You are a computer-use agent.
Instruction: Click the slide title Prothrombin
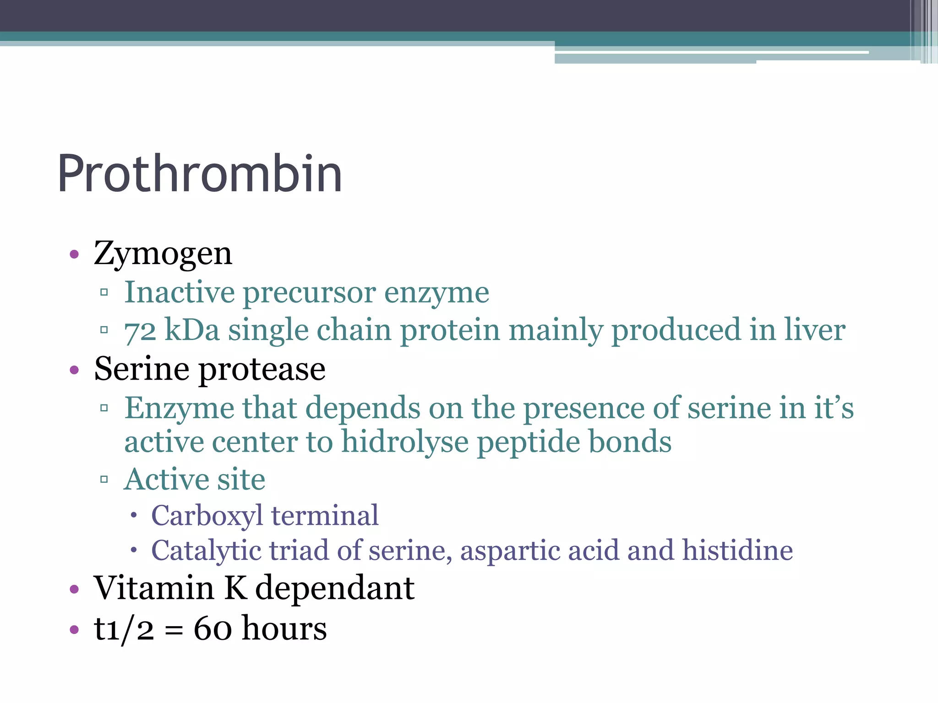coord(200,174)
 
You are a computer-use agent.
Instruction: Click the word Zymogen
coord(163,254)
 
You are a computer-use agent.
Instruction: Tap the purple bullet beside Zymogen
coord(74,254)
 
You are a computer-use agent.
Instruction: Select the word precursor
coord(309,293)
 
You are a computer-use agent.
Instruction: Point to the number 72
coord(140,331)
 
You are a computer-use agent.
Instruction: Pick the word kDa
coord(192,330)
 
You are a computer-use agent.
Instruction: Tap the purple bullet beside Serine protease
coord(74,370)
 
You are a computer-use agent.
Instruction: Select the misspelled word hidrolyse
coord(405,443)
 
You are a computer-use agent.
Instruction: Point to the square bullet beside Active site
coord(104,480)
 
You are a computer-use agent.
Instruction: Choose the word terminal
coord(325,516)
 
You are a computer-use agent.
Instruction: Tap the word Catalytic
coord(206,551)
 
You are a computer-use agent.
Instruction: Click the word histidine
coord(737,550)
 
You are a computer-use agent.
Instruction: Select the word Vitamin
coord(154,588)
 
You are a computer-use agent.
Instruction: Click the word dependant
coord(335,588)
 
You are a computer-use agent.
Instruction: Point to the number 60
coord(213,629)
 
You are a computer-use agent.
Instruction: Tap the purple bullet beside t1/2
coord(74,630)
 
